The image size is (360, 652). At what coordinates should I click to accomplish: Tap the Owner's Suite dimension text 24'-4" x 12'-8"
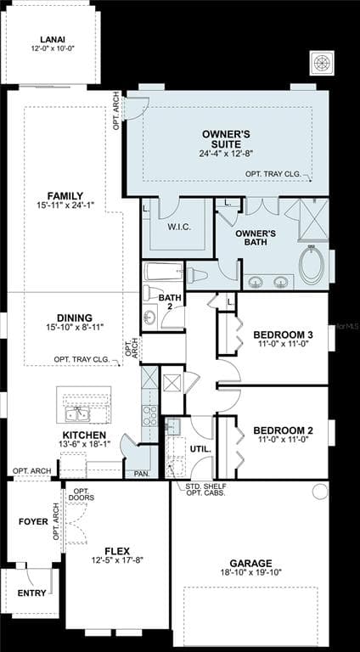(226, 153)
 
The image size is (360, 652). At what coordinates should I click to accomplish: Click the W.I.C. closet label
(179, 228)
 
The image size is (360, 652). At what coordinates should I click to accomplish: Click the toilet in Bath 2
(152, 293)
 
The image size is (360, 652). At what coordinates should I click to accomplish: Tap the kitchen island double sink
(77, 414)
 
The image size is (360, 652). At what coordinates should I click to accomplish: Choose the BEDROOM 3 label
(283, 335)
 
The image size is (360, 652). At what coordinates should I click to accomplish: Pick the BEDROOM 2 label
(283, 430)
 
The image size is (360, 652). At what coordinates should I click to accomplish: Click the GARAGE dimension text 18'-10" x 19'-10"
(251, 572)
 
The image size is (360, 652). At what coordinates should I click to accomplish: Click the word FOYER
(33, 521)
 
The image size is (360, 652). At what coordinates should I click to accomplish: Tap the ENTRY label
(31, 593)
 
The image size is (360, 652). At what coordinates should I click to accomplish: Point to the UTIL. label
(200, 449)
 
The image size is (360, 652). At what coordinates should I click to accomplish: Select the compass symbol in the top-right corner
(322, 63)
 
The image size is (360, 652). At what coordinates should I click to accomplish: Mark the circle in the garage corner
(320, 492)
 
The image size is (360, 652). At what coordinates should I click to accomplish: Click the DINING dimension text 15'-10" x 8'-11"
(75, 327)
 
